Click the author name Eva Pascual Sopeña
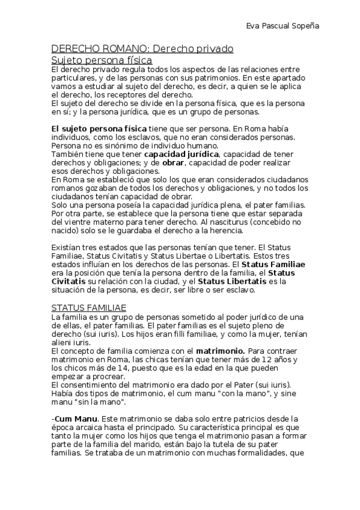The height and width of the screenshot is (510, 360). (x=283, y=26)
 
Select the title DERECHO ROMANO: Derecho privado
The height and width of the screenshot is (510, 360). (x=142, y=48)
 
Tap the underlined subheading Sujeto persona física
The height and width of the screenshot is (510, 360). (x=102, y=60)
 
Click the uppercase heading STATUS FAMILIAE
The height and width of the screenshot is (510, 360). (x=89, y=307)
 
